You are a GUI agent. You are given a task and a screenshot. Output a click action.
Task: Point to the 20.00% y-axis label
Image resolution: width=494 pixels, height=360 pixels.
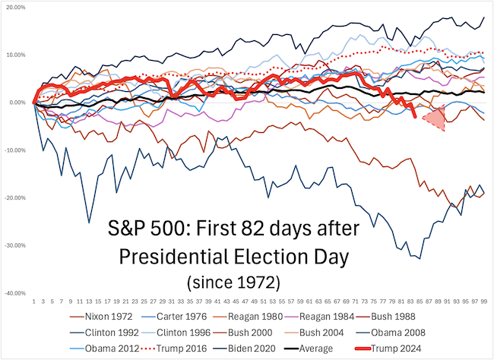[16, 7]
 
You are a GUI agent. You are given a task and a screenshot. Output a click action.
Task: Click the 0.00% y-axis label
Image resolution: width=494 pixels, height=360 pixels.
[17, 103]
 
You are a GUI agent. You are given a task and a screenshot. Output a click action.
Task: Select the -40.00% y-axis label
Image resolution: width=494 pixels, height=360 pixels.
[15, 293]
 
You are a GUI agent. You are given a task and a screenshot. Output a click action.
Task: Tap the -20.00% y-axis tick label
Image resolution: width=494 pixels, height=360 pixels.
[15, 197]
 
